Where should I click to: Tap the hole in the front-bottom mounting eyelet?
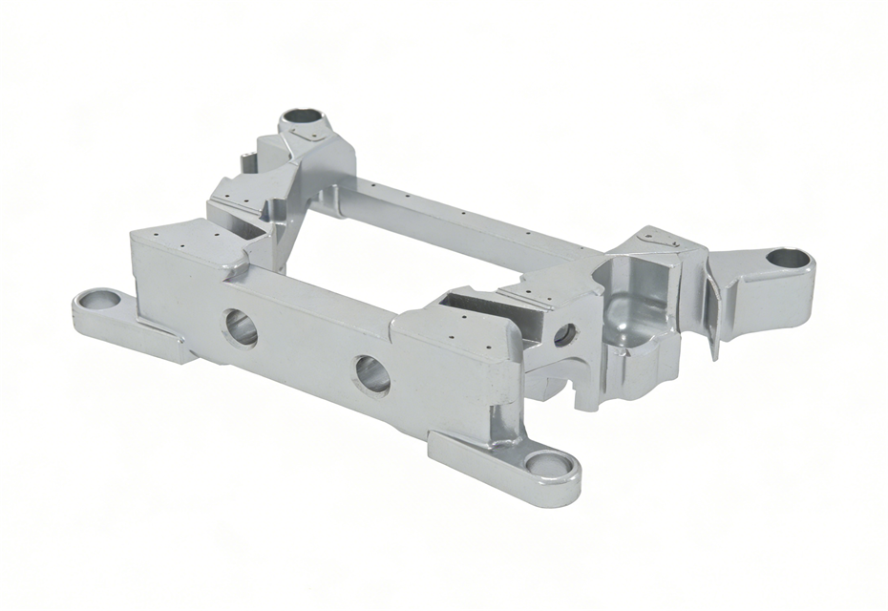(x=547, y=465)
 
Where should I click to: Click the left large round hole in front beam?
(x=241, y=327)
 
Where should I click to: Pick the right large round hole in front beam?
(x=370, y=374)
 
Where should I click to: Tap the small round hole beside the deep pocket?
(x=564, y=334)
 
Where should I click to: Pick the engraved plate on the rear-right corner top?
(x=659, y=243)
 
